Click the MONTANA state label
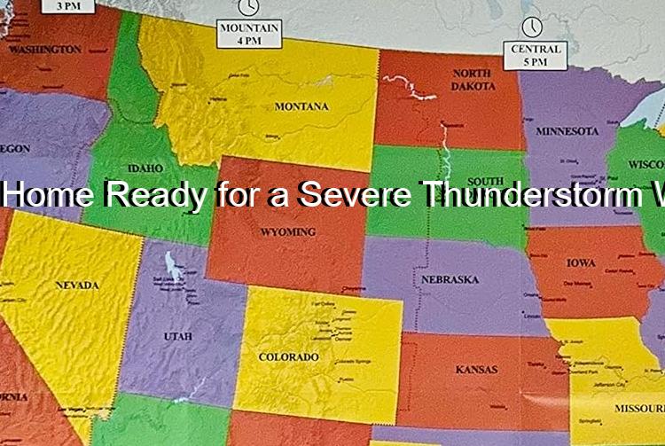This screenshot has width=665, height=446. (x=301, y=106)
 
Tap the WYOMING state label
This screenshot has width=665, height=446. (x=288, y=232)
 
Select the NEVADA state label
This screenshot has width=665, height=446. (x=77, y=286)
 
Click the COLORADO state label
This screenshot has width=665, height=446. (x=288, y=357)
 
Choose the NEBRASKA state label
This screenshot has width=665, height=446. (x=450, y=280)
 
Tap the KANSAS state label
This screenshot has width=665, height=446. (x=477, y=369)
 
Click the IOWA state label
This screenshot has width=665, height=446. (x=581, y=263)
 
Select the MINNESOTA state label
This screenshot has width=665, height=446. (x=567, y=131)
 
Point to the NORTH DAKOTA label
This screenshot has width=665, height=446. (x=473, y=80)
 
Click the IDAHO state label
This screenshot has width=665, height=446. (x=145, y=168)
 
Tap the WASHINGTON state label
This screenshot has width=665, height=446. (x=44, y=51)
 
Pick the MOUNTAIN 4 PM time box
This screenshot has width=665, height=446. (x=250, y=35)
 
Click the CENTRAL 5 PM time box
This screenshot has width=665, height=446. (x=532, y=55)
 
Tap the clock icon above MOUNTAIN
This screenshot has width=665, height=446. (x=250, y=7)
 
